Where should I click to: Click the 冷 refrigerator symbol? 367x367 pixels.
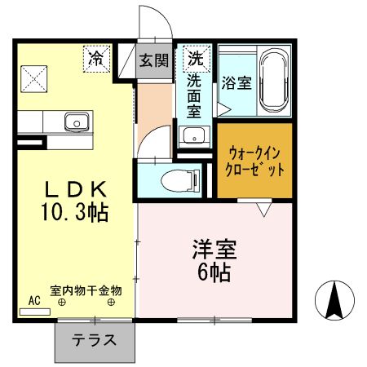click(x=96, y=59)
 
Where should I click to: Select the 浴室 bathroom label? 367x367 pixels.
click(x=235, y=82)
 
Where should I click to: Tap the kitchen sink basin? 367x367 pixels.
click(x=77, y=122)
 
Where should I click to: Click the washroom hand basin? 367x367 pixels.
click(x=192, y=135)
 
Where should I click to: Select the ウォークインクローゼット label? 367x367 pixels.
click(x=256, y=161)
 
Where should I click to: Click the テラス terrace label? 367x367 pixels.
click(x=92, y=340)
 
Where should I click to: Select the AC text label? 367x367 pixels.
click(x=34, y=300)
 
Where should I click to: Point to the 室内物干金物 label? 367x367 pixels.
click(x=86, y=290)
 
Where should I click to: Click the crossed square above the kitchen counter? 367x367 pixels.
click(x=33, y=80)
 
